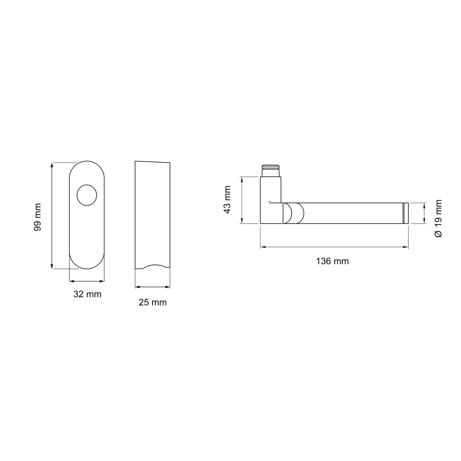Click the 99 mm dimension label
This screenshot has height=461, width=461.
point(38,217)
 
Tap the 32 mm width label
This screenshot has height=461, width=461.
point(87,294)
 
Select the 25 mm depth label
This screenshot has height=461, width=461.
point(153,303)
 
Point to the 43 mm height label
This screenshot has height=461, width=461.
point(227,199)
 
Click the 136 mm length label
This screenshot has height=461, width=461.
point(332,261)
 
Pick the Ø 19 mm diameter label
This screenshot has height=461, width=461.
point(438,219)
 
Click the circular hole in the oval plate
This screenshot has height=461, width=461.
point(87,195)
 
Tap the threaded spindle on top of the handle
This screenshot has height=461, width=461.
point(270,171)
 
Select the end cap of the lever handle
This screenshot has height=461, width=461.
point(406,213)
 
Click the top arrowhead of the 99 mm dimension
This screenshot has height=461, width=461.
point(52,165)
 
